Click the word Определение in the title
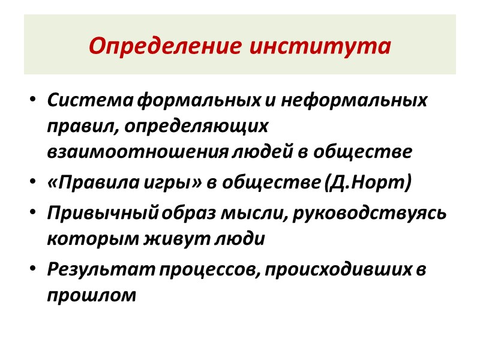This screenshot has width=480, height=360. point(163,46)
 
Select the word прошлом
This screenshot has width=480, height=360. point(92,296)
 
